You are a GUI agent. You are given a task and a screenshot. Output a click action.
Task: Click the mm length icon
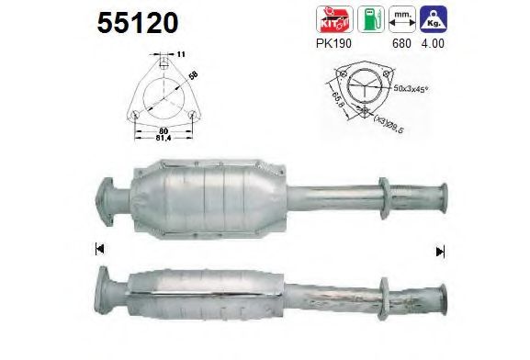tap(400, 19)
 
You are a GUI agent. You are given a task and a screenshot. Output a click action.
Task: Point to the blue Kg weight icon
tap(431, 19)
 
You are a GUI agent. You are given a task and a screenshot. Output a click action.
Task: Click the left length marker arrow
tap(97, 249)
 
